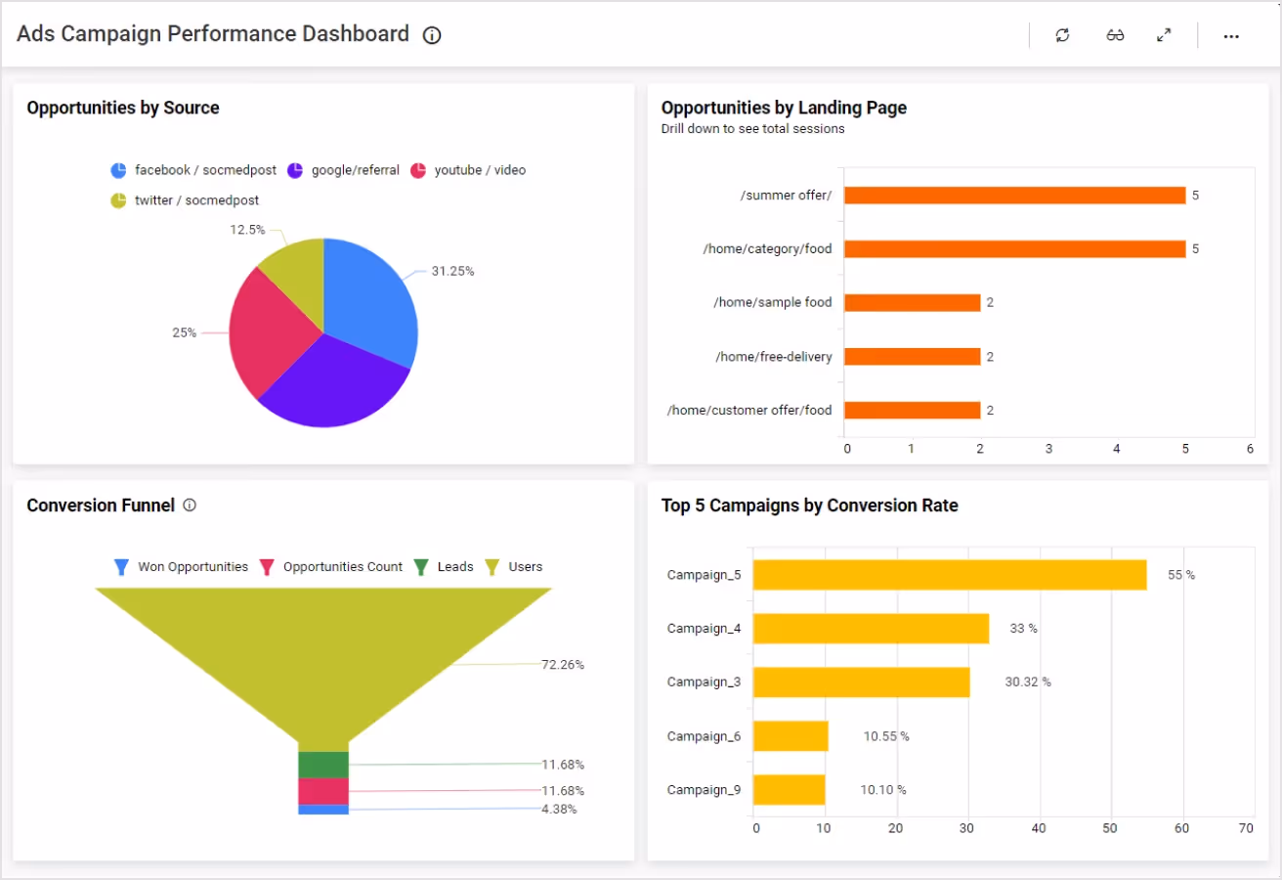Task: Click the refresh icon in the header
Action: [x=1062, y=35]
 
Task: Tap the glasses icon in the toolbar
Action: [x=1115, y=35]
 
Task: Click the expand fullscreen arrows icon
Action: [x=1164, y=35]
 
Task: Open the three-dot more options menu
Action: [x=1231, y=36]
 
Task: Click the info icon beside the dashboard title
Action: [x=432, y=35]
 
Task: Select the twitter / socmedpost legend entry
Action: [x=185, y=200]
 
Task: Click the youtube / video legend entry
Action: [x=468, y=170]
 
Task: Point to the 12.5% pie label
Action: [x=247, y=230]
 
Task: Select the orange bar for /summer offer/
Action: [x=1014, y=196]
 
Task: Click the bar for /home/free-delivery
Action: [x=912, y=357]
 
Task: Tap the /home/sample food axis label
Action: [x=772, y=303]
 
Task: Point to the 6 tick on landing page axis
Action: [x=1250, y=449]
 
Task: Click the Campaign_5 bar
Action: [x=949, y=575]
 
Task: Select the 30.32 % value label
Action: [x=1028, y=682]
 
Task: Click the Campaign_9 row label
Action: [x=704, y=790]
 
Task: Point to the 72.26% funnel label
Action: [x=563, y=665]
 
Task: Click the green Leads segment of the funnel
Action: [x=323, y=765]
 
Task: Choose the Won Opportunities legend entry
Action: [x=182, y=567]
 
